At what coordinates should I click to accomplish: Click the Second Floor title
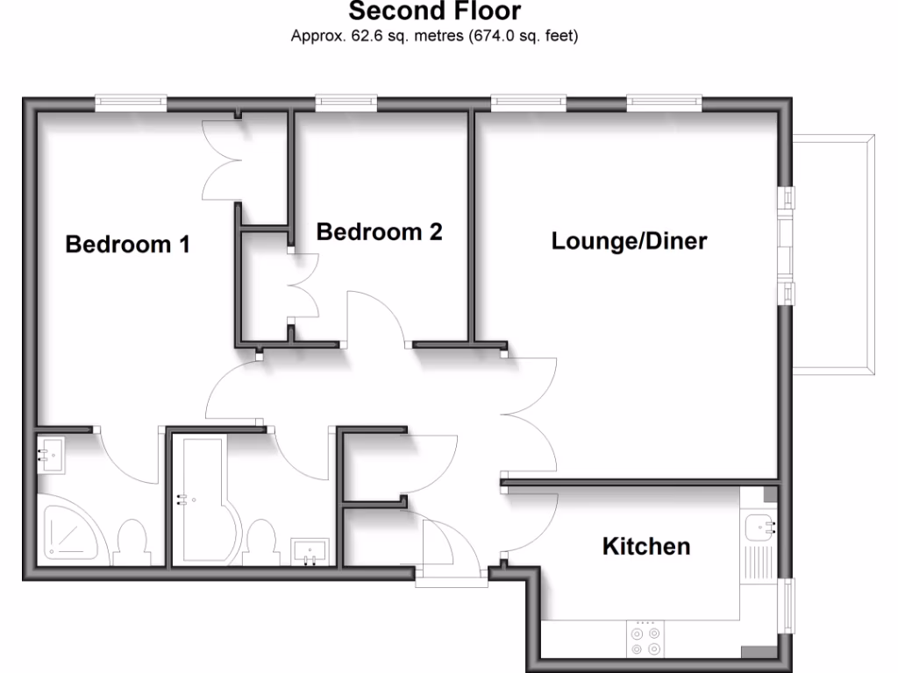click(x=434, y=11)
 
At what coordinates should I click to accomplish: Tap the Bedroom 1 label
click(x=128, y=244)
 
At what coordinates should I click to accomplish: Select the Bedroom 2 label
click(x=379, y=232)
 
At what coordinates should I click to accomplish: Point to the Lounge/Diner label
click(x=629, y=241)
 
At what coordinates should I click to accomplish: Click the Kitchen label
click(x=645, y=547)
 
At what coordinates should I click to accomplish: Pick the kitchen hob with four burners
click(x=645, y=638)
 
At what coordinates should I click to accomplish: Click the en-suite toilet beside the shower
click(x=132, y=541)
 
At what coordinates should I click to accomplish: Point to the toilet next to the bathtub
click(x=261, y=541)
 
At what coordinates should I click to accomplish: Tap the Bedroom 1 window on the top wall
click(x=131, y=103)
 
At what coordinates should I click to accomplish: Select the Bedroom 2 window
click(x=346, y=103)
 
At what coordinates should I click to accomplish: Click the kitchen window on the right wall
click(x=787, y=606)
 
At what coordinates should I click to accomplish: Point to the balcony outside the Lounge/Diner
click(x=834, y=254)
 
